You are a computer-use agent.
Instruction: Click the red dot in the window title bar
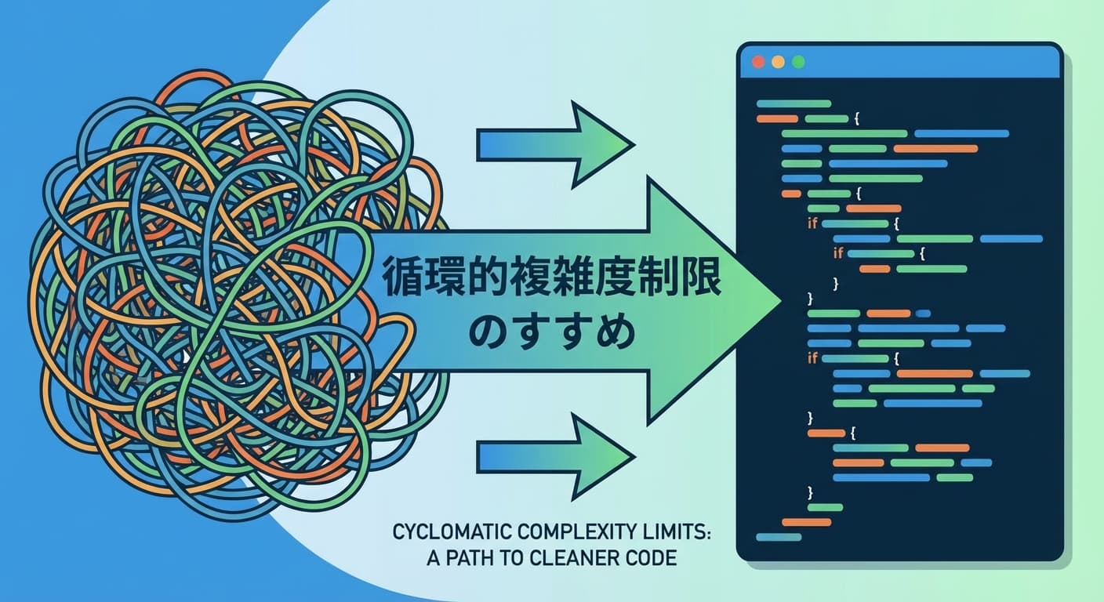click(757, 61)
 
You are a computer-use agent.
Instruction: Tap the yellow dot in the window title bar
click(778, 61)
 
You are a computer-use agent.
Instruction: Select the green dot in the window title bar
click(798, 61)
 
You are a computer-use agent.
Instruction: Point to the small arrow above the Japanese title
click(555, 144)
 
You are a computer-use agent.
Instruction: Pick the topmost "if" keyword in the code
click(812, 223)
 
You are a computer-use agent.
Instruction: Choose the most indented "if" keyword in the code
click(837, 253)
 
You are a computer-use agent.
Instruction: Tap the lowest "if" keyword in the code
click(812, 358)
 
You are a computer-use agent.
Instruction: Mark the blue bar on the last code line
click(779, 537)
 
